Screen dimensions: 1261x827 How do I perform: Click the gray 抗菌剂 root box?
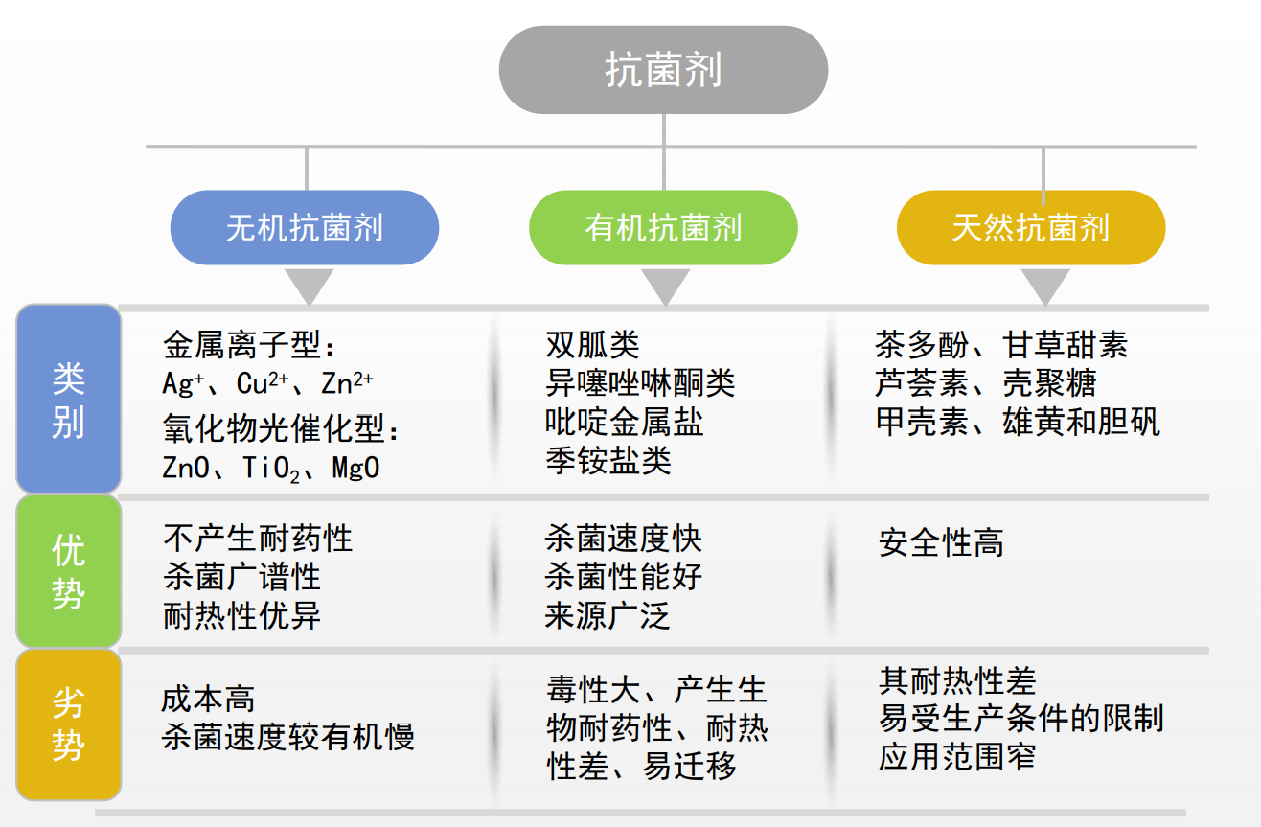[x=663, y=70]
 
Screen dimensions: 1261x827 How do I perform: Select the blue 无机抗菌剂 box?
[x=305, y=227]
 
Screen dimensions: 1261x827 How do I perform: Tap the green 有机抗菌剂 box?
[x=663, y=227]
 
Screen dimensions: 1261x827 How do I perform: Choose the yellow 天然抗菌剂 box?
[x=1031, y=227]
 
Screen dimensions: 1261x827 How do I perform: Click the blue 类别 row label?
[x=69, y=399]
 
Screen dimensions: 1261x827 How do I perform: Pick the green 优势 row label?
[x=69, y=571]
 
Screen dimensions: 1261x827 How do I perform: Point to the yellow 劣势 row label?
[x=69, y=724]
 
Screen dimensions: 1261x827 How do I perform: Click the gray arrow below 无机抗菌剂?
[x=310, y=286]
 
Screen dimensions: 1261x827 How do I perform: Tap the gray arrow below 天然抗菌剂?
[x=1045, y=286]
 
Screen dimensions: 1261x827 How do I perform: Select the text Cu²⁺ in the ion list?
[x=263, y=383]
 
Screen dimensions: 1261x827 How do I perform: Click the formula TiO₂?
[x=271, y=469]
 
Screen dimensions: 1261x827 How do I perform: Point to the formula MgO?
[x=355, y=468]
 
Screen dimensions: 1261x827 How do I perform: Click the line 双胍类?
[x=593, y=345]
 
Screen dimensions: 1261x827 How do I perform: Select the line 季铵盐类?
[x=608, y=460]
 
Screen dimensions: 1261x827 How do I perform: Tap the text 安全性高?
[x=941, y=542]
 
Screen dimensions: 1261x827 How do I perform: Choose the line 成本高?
[x=208, y=699]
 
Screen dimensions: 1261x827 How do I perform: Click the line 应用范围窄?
[x=957, y=757]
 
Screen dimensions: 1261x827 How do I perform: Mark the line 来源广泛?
[x=608, y=615]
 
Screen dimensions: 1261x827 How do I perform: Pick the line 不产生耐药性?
[x=259, y=539]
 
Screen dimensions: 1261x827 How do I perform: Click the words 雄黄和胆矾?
[x=1082, y=422]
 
